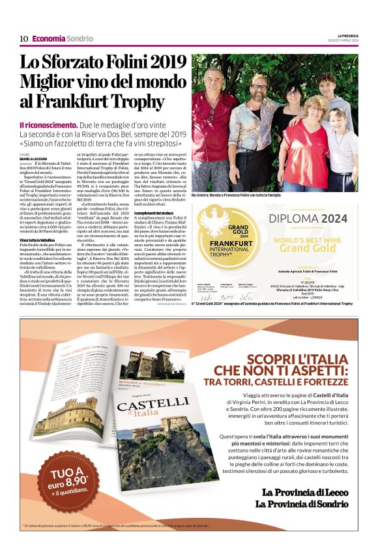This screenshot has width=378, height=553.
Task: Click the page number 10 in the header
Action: coord(23,38)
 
